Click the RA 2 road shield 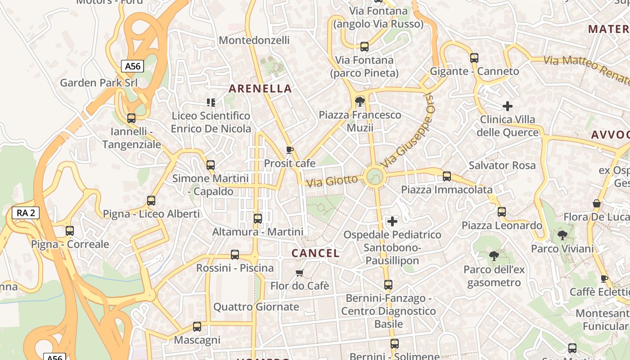26,213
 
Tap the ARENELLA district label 260,89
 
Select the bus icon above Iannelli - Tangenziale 131,118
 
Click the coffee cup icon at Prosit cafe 290,150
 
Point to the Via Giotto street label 332,181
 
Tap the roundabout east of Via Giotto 374,176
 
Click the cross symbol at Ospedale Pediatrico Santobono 392,221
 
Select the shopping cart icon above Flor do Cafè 300,273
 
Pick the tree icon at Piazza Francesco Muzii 360,101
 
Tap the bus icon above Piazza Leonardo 502,211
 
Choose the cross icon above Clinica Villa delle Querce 508,106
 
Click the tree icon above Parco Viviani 562,235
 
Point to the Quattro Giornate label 256,307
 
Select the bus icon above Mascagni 197,327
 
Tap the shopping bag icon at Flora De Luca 597,203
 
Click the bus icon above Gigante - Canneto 474,58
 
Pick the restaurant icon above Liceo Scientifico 210,103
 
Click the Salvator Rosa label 502,165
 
